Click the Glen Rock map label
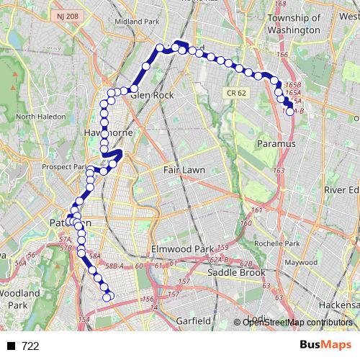(152, 94)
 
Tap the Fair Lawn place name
(184, 170)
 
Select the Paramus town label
(276, 144)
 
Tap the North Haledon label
(36, 116)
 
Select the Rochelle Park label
(302, 243)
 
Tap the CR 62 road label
(233, 93)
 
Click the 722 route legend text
(30, 346)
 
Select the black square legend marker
(13, 346)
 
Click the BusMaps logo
(325, 346)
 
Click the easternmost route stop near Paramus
(289, 111)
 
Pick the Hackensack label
(338, 305)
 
